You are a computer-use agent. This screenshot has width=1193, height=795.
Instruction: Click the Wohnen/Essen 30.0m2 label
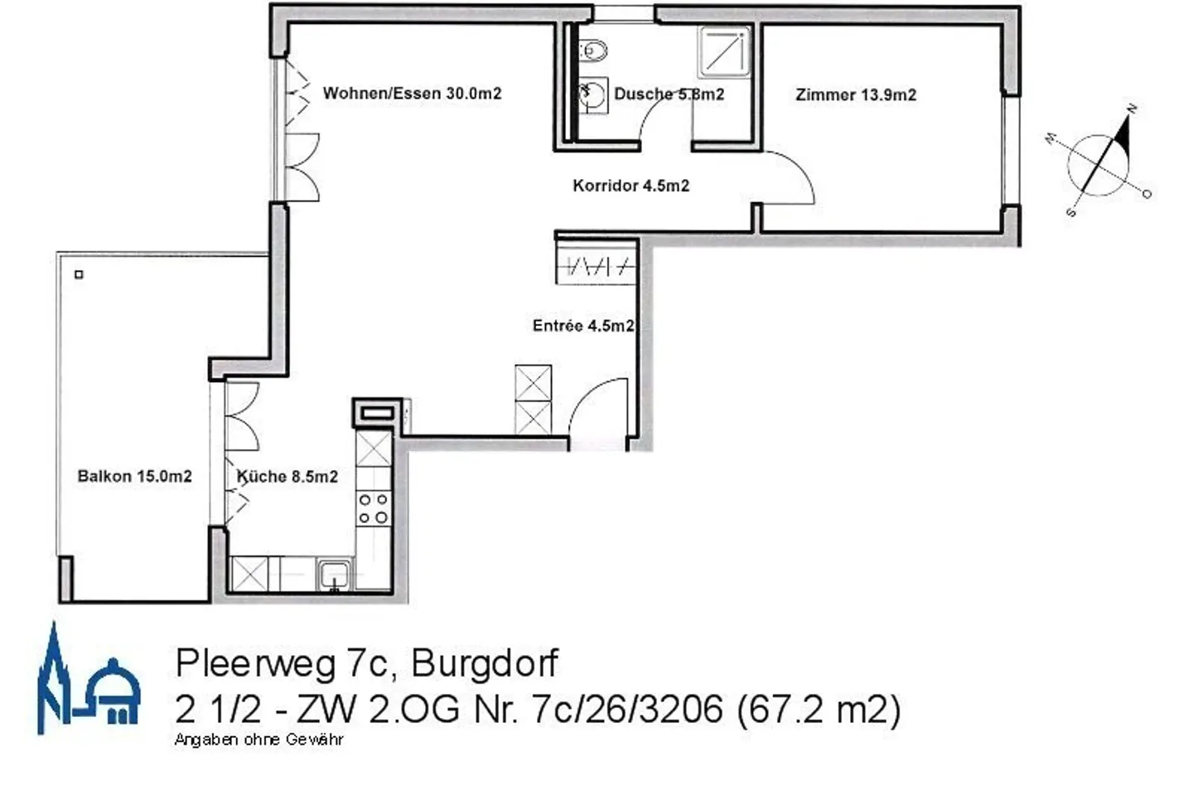pos(412,93)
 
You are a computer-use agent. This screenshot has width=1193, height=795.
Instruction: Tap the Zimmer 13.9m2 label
pos(856,95)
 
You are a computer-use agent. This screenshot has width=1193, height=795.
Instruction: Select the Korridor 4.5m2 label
pos(630,186)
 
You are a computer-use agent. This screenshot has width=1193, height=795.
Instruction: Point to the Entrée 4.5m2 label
pos(583,326)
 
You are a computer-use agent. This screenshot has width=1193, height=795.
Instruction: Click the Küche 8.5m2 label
pos(287,477)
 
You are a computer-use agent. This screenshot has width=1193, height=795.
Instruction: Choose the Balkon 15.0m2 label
pos(134,476)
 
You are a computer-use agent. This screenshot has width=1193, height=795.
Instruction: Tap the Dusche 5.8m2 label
pos(669,94)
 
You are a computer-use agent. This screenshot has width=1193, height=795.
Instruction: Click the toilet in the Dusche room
pos(593,51)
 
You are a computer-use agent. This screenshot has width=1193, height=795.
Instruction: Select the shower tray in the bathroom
pos(724,52)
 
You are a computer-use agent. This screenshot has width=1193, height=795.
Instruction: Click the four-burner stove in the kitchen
pos(373,508)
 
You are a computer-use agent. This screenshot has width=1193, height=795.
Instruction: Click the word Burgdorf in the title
pos(485,663)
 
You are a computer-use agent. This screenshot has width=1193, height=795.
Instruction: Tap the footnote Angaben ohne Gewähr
pos(258,739)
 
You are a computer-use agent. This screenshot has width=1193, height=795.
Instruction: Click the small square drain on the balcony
pos(79,274)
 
